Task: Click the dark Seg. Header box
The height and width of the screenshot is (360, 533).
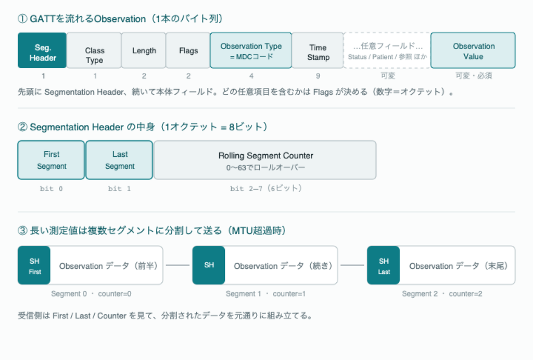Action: (x=42, y=51)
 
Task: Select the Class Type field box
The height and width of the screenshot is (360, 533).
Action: (x=94, y=51)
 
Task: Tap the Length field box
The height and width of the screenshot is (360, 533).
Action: (x=144, y=51)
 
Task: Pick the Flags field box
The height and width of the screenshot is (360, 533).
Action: (x=188, y=51)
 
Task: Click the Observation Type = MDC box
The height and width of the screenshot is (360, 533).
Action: (x=251, y=51)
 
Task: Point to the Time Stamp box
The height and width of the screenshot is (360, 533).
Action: (x=318, y=51)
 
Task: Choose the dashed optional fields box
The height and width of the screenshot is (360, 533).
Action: (x=387, y=51)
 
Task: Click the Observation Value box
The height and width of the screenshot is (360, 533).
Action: (x=473, y=51)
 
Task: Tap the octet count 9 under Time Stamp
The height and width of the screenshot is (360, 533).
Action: (x=318, y=76)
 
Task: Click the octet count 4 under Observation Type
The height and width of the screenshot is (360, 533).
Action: (x=251, y=76)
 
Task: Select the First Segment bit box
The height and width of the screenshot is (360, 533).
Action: (x=51, y=160)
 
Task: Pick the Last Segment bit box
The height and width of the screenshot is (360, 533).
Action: (x=119, y=160)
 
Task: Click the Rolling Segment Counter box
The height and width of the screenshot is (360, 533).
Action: (x=265, y=160)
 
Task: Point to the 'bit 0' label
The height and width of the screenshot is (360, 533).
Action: (x=52, y=189)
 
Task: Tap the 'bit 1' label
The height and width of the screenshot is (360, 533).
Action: (x=119, y=189)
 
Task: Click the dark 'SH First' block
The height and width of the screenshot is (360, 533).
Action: (x=34, y=265)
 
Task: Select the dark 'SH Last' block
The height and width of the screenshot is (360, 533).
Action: (x=384, y=265)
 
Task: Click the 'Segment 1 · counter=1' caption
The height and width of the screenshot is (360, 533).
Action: (x=265, y=294)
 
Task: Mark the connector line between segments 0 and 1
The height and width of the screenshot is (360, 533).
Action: (x=177, y=265)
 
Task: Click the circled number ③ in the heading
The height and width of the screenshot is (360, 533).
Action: (x=22, y=231)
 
